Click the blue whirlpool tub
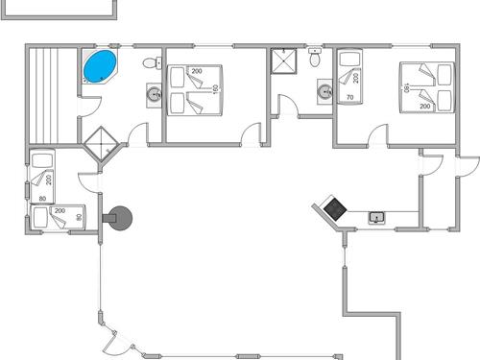[99, 67]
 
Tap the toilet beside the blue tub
[150, 64]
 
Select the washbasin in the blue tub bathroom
[154, 94]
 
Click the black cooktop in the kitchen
[334, 207]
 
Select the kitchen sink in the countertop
[376, 218]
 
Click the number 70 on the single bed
[349, 97]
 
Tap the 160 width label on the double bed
[216, 88]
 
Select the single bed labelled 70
[350, 81]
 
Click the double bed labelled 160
[197, 90]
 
